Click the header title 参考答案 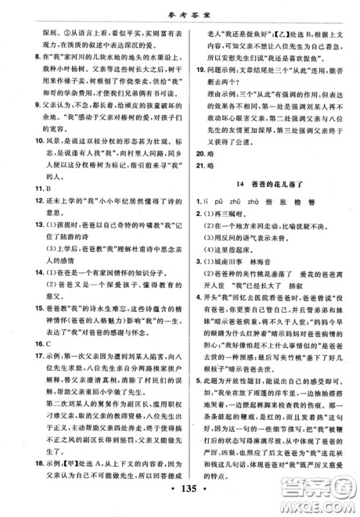(x=180, y=10)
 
